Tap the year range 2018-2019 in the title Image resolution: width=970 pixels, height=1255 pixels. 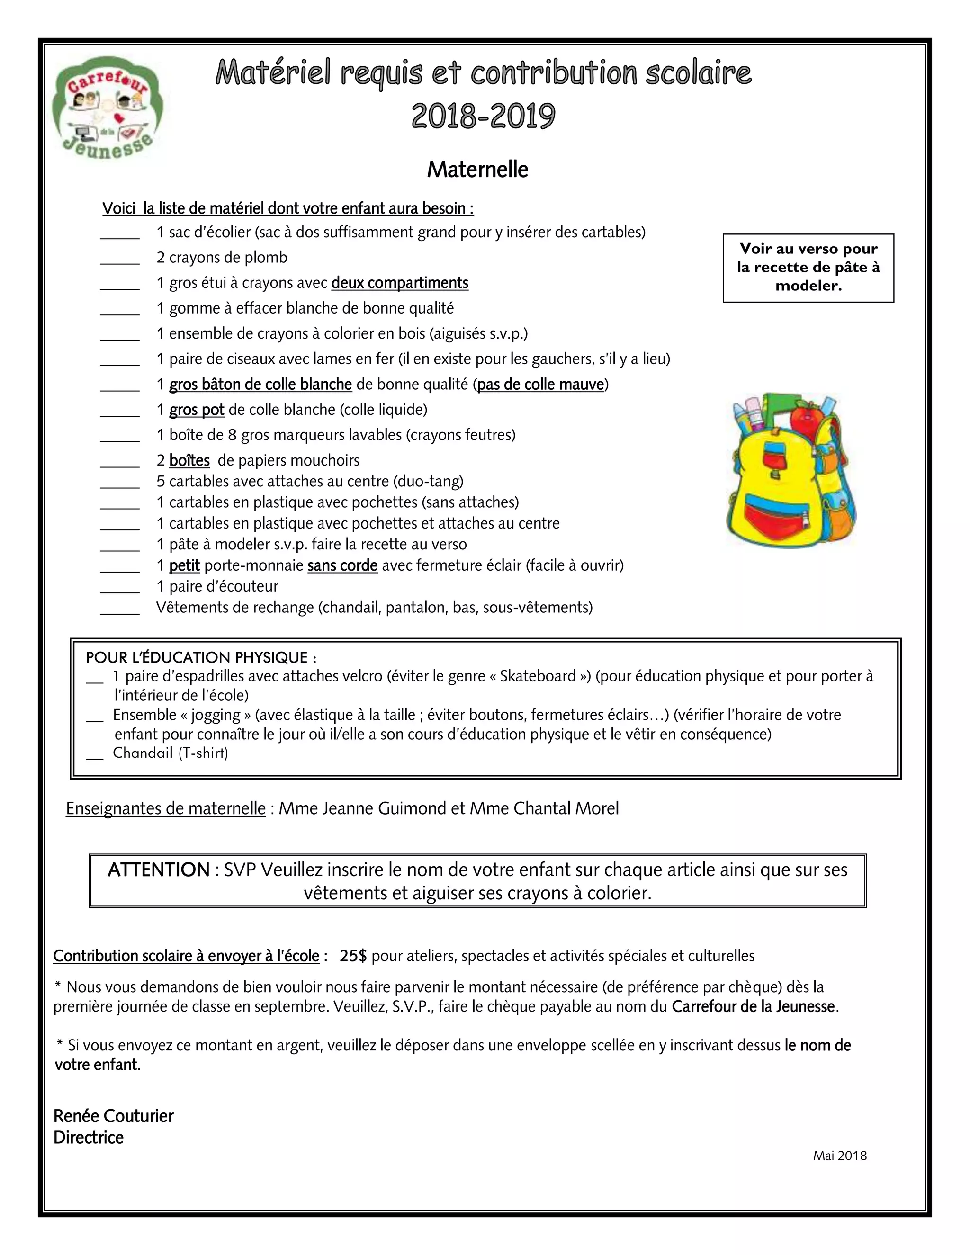pyautogui.click(x=483, y=116)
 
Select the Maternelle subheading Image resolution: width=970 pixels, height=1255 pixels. pyautogui.click(x=477, y=170)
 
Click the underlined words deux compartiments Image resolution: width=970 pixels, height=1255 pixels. pyautogui.click(x=400, y=283)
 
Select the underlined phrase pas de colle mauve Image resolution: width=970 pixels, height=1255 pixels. pyautogui.click(x=540, y=385)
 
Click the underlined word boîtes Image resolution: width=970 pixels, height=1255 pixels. pyautogui.click(x=189, y=461)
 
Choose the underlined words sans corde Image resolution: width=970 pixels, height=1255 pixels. pyautogui.click(x=342, y=566)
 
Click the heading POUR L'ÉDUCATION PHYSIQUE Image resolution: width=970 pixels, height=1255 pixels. pyautogui.click(x=197, y=657)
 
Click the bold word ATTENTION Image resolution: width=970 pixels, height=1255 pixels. pyautogui.click(x=159, y=870)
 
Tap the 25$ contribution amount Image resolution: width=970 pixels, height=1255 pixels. pyautogui.click(x=353, y=956)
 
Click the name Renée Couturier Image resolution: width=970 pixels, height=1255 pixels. pyautogui.click(x=113, y=1116)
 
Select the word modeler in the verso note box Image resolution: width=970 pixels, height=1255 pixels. pyautogui.click(x=808, y=286)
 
